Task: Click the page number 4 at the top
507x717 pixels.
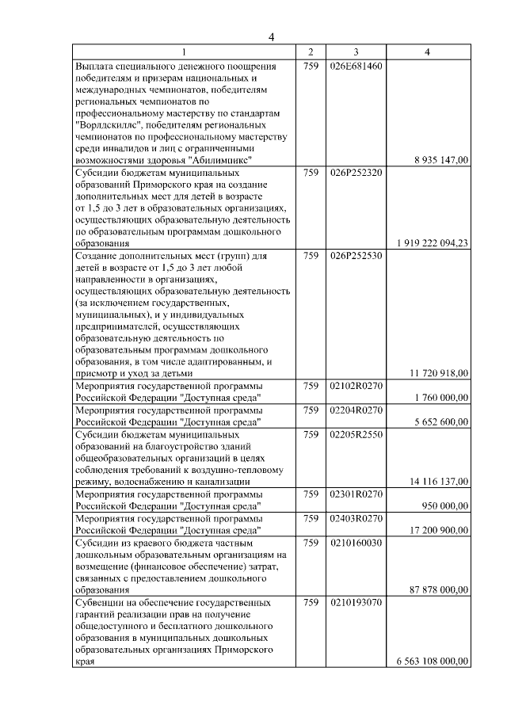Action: click(x=271, y=36)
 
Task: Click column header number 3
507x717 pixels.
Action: click(x=356, y=51)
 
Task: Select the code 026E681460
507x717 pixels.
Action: click(x=356, y=65)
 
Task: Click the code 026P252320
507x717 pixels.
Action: click(x=356, y=171)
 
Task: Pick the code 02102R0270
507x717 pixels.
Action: click(x=356, y=385)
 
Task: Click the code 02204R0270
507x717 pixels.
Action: click(x=356, y=410)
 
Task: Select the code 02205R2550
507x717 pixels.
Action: click(x=356, y=434)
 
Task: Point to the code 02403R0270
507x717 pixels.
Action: click(x=356, y=517)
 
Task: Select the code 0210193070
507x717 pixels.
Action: click(x=356, y=602)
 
